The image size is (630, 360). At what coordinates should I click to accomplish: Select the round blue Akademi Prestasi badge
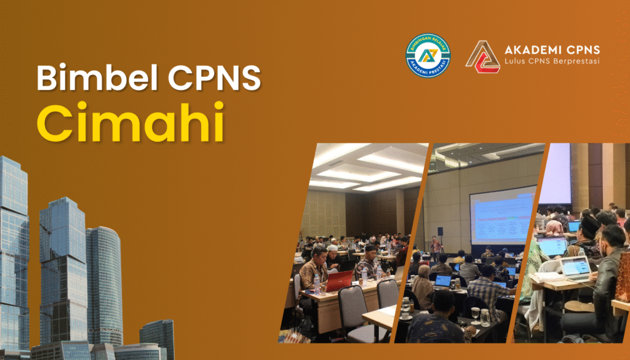pyautogui.click(x=428, y=55)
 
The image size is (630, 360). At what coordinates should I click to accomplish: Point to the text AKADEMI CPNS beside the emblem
pyautogui.click(x=551, y=49)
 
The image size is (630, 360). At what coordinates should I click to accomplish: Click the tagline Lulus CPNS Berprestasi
pyautogui.click(x=551, y=61)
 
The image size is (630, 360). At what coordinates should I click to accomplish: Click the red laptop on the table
pyautogui.click(x=340, y=281)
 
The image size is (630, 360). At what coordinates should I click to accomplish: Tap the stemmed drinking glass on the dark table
pyautogui.click(x=475, y=314)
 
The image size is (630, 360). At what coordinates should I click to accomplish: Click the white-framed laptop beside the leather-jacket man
pyautogui.click(x=576, y=268)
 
